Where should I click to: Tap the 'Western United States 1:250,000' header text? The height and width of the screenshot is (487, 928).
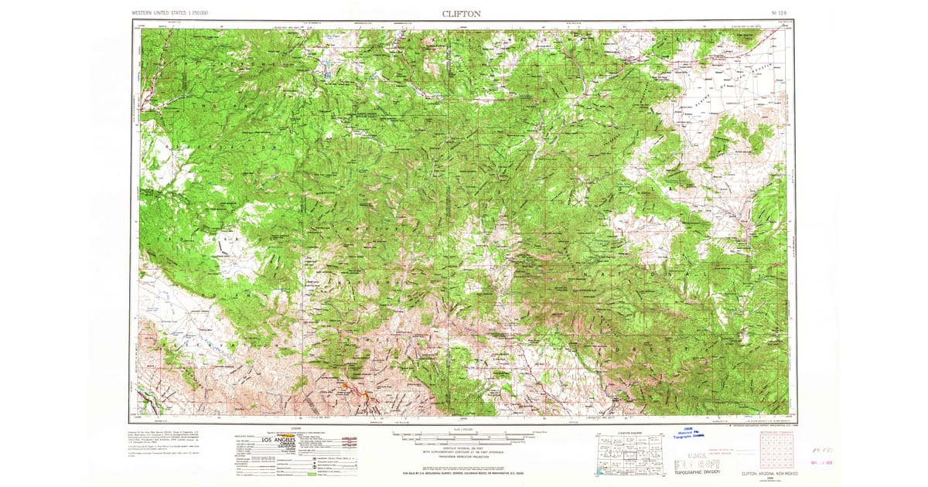(x=175, y=13)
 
